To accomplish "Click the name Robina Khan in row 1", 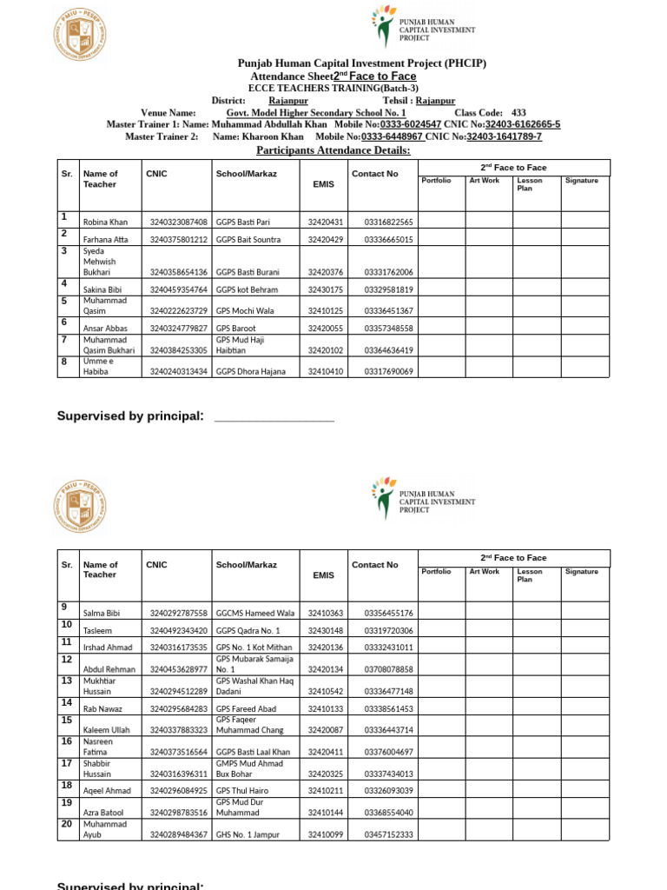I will point(104,222).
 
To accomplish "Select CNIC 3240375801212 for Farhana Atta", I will point(178,240).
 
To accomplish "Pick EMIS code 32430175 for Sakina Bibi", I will point(326,289).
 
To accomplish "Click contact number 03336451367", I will point(389,310).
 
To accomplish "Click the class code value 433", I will point(518,113).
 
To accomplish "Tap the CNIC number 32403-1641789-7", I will point(504,137).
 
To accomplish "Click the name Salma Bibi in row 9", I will point(102,614).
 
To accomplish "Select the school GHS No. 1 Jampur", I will point(248,835).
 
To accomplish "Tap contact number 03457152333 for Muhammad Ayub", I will point(389,835).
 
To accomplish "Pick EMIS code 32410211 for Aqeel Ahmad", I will point(326,791).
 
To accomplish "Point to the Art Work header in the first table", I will point(485,181).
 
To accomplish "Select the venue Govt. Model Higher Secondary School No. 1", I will point(316,113).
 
